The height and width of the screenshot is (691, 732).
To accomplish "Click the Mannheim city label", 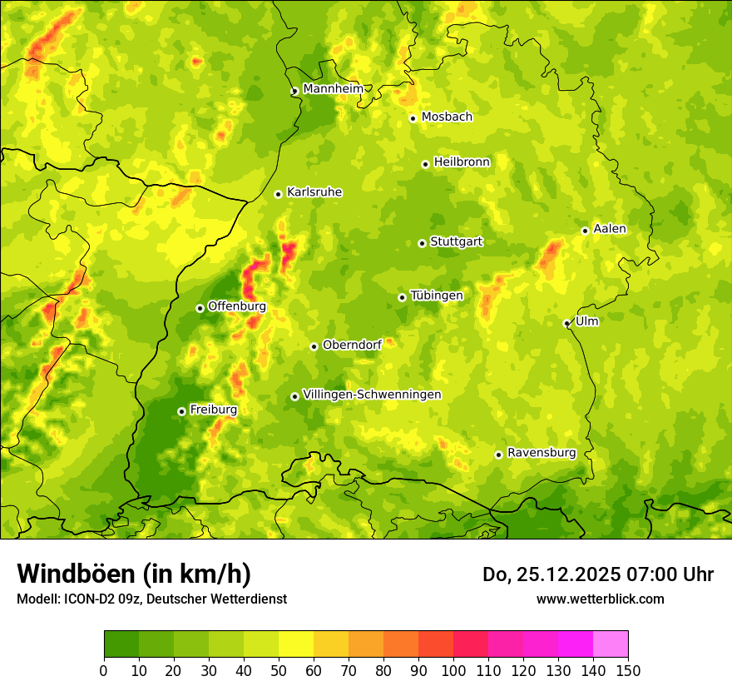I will click(333, 89).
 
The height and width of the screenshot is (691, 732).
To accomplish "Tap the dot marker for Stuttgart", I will click(422, 243).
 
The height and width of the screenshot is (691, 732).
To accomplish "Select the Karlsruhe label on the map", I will click(314, 192).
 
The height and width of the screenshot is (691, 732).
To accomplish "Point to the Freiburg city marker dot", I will click(181, 411).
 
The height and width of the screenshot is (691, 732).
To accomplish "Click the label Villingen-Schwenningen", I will click(372, 395).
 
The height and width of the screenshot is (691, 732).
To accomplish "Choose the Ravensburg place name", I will click(542, 453).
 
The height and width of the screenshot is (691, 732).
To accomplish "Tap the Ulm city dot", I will click(566, 323).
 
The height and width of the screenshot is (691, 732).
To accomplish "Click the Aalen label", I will click(610, 229).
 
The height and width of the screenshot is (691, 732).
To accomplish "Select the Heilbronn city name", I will click(462, 162).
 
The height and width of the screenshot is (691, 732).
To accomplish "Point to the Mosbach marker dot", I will click(413, 118).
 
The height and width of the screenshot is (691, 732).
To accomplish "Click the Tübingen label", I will click(437, 296).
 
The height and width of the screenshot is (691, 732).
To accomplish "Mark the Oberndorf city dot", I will click(314, 346).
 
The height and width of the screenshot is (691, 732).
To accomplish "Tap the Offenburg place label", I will click(237, 306).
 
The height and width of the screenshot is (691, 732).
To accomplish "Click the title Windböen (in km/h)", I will click(134, 574).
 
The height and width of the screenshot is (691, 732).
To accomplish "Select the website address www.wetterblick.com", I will click(600, 599).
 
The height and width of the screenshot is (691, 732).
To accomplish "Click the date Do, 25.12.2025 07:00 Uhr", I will click(597, 574).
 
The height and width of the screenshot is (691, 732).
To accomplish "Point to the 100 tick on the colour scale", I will click(453, 670).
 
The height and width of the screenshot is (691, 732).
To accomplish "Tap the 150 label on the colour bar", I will click(628, 670).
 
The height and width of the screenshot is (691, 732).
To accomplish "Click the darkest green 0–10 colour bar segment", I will click(121, 644).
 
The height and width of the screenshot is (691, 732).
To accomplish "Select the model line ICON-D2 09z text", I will click(101, 599).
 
